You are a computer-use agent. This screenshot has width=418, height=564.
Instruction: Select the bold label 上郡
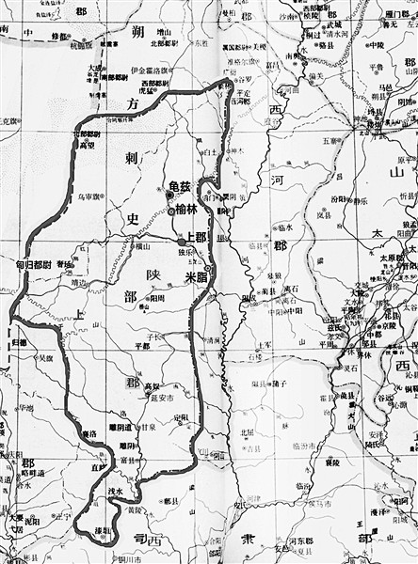(196, 238)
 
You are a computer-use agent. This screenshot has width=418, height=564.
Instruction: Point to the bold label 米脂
(197, 278)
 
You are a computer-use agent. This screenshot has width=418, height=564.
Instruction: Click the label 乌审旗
(88, 196)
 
